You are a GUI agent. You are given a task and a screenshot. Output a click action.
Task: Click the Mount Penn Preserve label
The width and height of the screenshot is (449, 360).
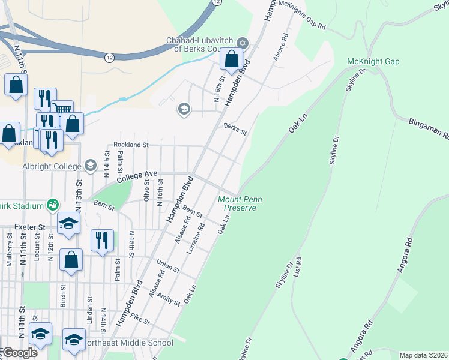(237, 203)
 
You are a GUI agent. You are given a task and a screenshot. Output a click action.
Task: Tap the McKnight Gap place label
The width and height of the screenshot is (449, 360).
(373, 62)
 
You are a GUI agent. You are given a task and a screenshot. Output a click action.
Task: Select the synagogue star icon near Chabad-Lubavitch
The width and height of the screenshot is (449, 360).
(243, 43)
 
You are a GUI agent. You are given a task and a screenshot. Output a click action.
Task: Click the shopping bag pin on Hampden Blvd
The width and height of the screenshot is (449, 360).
(231, 60)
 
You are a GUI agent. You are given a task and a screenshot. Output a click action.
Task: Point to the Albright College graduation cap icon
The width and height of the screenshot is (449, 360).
(90, 166)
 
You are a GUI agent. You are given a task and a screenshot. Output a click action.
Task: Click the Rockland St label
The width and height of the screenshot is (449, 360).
(131, 145)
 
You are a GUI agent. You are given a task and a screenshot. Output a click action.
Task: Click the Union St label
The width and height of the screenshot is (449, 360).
(167, 266)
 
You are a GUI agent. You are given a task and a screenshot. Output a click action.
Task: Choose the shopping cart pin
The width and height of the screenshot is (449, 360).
(62, 109)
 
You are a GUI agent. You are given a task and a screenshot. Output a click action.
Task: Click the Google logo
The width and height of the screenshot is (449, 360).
(19, 352)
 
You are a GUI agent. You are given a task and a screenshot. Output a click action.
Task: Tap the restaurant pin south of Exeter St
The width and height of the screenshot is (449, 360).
(102, 241)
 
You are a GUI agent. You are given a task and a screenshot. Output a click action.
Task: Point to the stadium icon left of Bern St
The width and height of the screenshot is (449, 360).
(53, 205)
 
